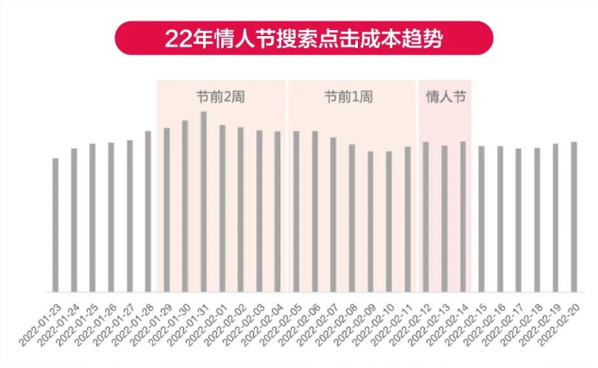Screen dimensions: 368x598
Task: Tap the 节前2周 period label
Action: [221, 97]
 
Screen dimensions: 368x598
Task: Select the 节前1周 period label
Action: [350, 97]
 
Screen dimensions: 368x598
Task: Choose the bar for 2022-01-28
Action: [148, 212]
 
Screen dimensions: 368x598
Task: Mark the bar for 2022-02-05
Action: [296, 212]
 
